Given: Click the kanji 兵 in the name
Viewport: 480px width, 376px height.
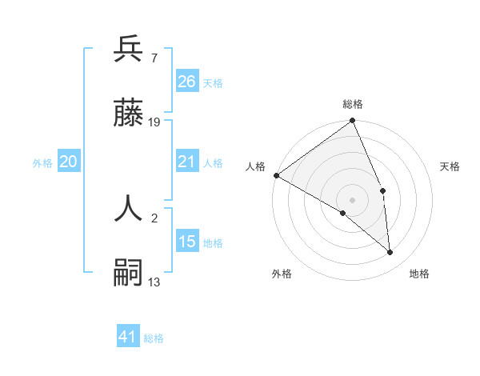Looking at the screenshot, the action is coord(128,50).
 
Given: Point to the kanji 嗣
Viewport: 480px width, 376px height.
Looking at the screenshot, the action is coord(128,273).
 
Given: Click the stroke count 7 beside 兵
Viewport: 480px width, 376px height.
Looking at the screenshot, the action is coord(154,58).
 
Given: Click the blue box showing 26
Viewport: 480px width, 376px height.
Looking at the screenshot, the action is coord(186,82).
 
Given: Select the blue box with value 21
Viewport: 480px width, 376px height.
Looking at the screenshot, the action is coord(186,162).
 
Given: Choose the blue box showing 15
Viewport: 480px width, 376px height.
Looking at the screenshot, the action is coord(186,242).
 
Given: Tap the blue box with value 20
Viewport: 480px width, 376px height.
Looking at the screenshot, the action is coord(68,162).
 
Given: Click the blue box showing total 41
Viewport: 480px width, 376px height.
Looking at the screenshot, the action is coord(128,337).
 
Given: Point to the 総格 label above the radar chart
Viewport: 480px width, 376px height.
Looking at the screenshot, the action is coord(353,104).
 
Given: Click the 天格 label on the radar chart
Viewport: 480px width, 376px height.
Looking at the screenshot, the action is coord(450,166).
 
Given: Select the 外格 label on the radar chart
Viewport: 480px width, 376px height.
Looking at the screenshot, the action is coord(282,274).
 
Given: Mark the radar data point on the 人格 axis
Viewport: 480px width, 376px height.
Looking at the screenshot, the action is coord(276,175).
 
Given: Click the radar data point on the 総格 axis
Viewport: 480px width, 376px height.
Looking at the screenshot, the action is coord(353,122).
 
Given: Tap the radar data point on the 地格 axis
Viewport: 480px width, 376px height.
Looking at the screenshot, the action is coord(390,253).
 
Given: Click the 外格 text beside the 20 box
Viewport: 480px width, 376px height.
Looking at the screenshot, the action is coord(42,162).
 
